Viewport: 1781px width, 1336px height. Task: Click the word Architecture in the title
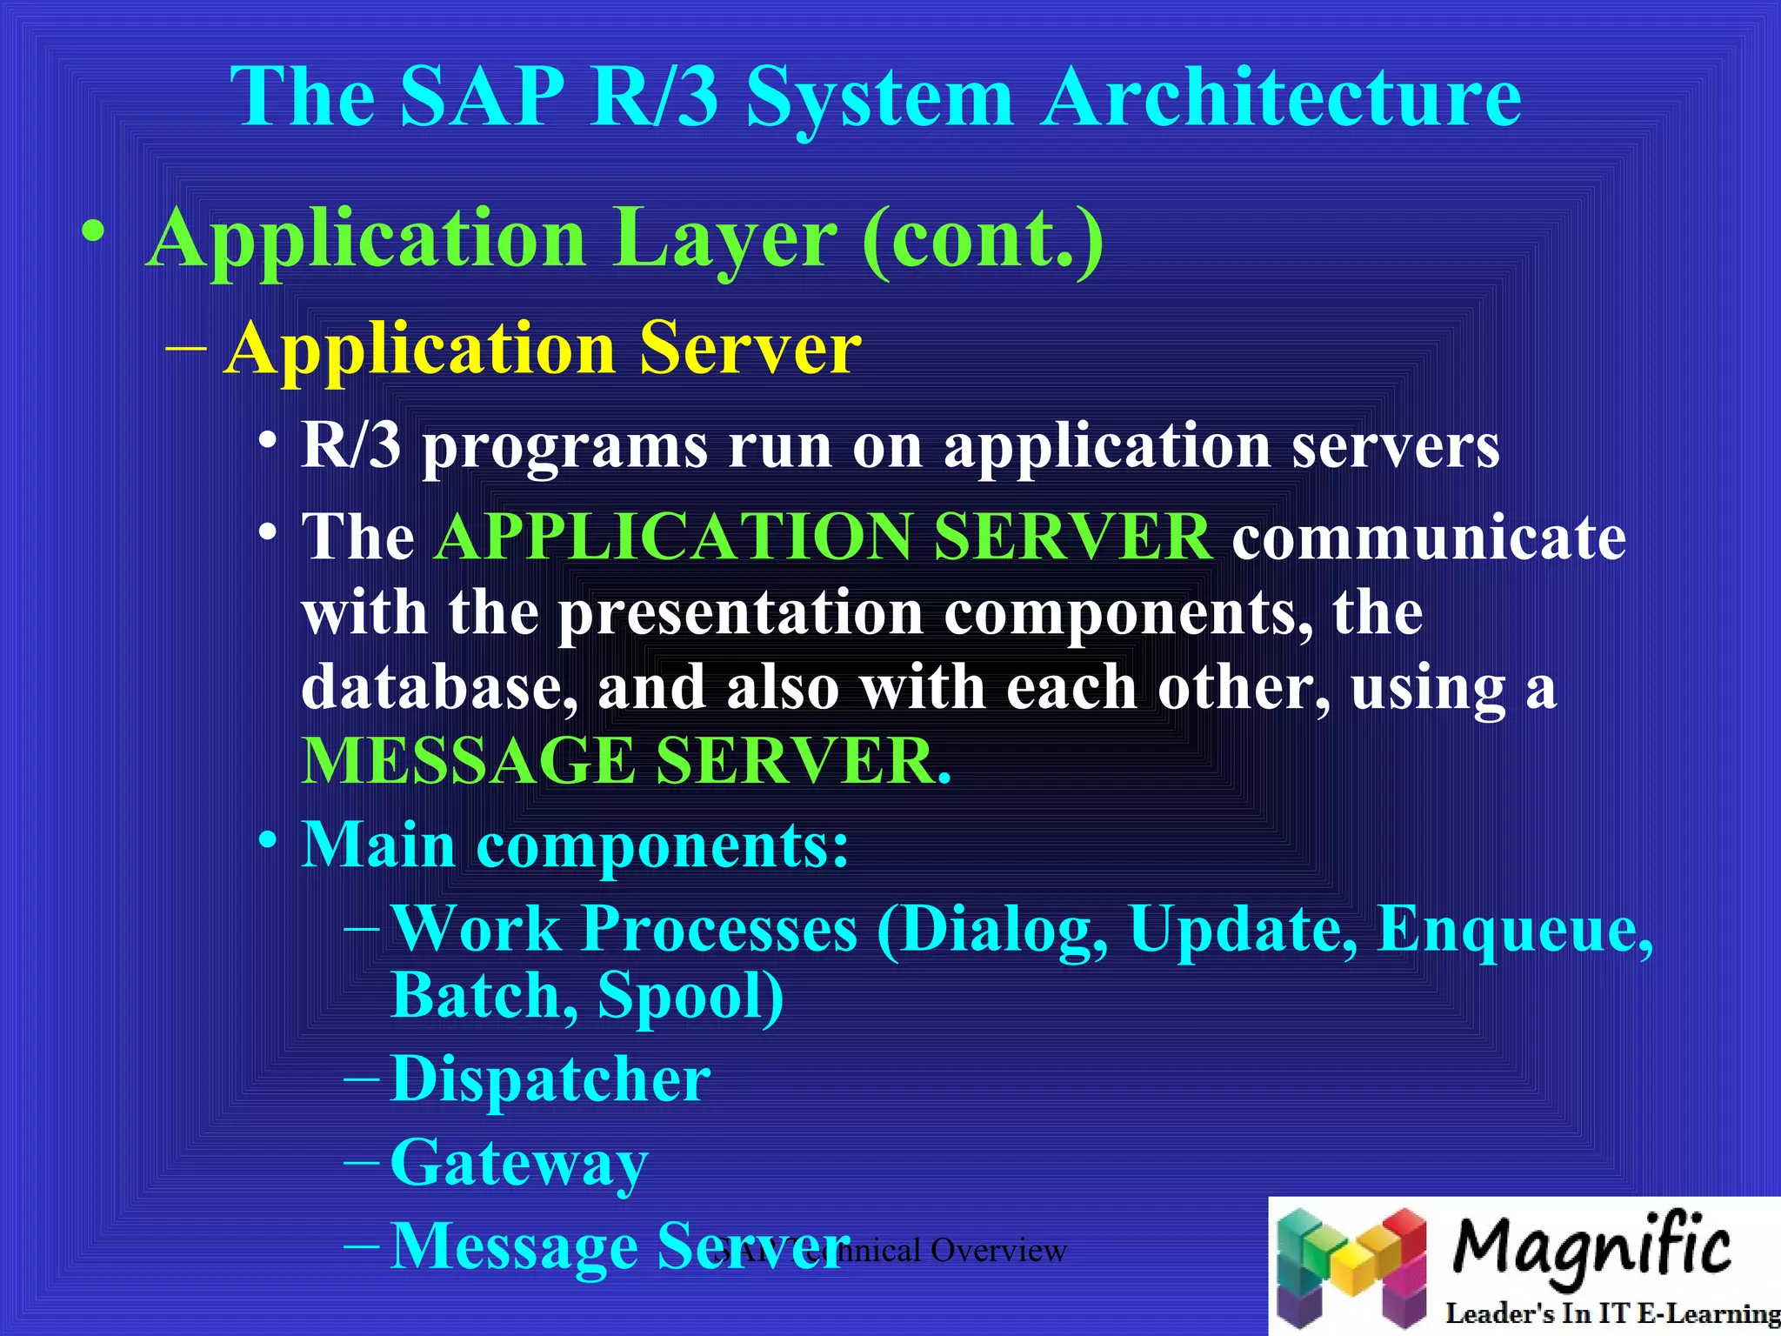coord(1282,97)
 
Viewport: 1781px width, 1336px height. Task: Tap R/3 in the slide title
coord(654,97)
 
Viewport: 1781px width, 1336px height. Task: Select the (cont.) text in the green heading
coord(984,240)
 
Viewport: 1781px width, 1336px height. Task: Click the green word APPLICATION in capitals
coord(673,537)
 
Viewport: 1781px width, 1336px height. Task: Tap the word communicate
coord(1429,537)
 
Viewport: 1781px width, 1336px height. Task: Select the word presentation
coord(739,613)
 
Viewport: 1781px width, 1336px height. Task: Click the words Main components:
coord(575,845)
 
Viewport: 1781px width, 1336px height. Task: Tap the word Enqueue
coord(1514,929)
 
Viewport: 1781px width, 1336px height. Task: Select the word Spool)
coord(690,996)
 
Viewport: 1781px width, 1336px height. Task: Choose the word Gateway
coord(519,1163)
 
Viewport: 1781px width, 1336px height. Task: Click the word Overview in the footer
coord(998,1251)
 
